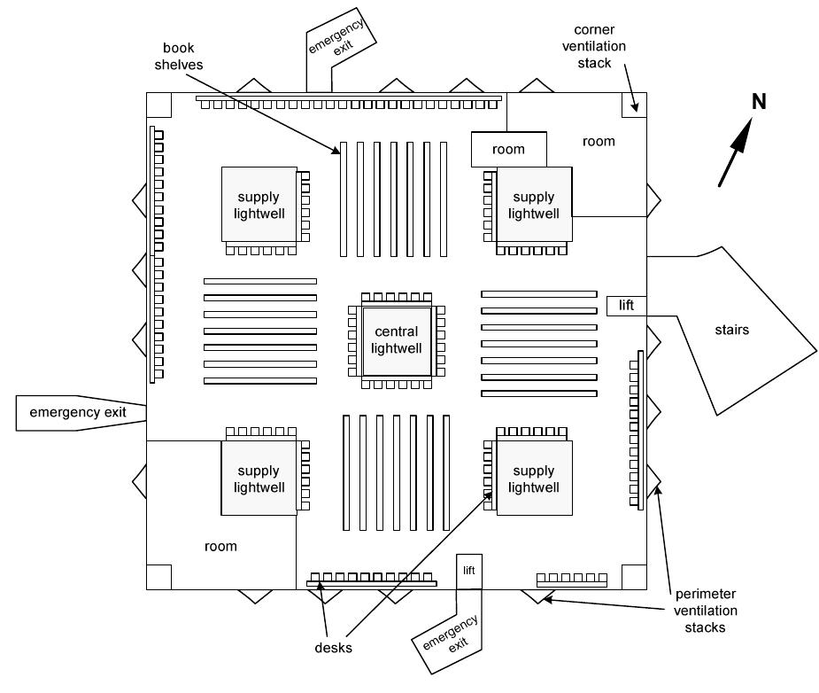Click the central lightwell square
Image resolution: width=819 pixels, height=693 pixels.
tap(396, 341)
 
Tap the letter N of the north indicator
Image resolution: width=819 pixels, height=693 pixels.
tap(759, 102)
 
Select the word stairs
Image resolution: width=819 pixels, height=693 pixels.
tap(731, 331)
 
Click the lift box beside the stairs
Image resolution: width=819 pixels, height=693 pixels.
tap(627, 306)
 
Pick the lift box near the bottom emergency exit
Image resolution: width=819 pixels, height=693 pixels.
tap(469, 570)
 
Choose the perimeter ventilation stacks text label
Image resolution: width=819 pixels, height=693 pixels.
tap(705, 611)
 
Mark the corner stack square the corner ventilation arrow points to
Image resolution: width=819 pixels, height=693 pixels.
tap(635, 104)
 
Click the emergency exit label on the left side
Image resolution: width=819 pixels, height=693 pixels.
tap(78, 412)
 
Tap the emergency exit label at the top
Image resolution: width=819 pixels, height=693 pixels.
tap(341, 40)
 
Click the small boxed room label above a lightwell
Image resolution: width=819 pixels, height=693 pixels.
tap(508, 150)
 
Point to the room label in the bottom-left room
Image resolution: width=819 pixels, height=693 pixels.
tap(220, 546)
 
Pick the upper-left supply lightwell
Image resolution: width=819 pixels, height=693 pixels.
tap(258, 205)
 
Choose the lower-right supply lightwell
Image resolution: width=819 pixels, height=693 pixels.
tap(534, 479)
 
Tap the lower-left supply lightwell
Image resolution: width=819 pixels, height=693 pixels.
tap(259, 479)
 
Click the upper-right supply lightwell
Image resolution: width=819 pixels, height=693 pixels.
tap(534, 205)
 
